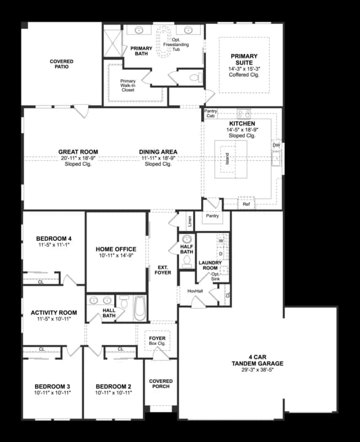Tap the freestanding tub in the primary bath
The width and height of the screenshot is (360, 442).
(x=164, y=42)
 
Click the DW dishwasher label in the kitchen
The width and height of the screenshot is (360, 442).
(x=276, y=145)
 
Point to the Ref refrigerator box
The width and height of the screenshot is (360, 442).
(x=247, y=203)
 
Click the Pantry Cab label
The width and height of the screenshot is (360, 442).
(x=210, y=113)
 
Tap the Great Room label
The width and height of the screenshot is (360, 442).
(x=78, y=152)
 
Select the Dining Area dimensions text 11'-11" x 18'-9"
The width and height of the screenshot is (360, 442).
(x=158, y=158)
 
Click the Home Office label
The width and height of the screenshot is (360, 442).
(x=116, y=249)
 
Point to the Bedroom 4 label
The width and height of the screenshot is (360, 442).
(x=53, y=238)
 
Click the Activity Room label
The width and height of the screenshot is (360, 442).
(x=53, y=312)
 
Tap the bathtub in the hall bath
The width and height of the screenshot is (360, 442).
(x=139, y=308)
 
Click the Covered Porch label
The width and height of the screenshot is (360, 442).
(x=161, y=384)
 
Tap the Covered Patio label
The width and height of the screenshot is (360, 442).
(x=61, y=64)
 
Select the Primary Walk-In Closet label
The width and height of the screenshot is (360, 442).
(x=128, y=85)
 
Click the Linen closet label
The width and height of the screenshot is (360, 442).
(x=190, y=219)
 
